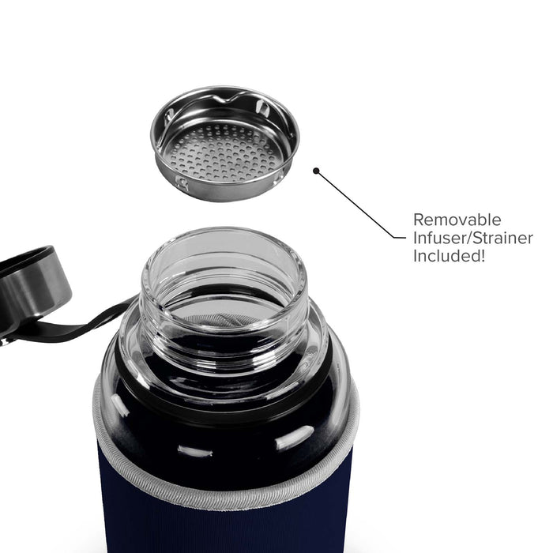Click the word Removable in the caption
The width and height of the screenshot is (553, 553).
point(457,220)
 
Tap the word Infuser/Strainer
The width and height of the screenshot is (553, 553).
point(473,238)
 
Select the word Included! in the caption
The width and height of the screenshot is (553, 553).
point(449,256)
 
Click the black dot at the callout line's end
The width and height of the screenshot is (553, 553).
point(316,171)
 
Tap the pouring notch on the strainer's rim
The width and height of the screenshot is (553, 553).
point(226,98)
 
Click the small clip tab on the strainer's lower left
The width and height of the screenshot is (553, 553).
point(182,182)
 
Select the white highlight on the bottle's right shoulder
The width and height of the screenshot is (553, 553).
point(294,438)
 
